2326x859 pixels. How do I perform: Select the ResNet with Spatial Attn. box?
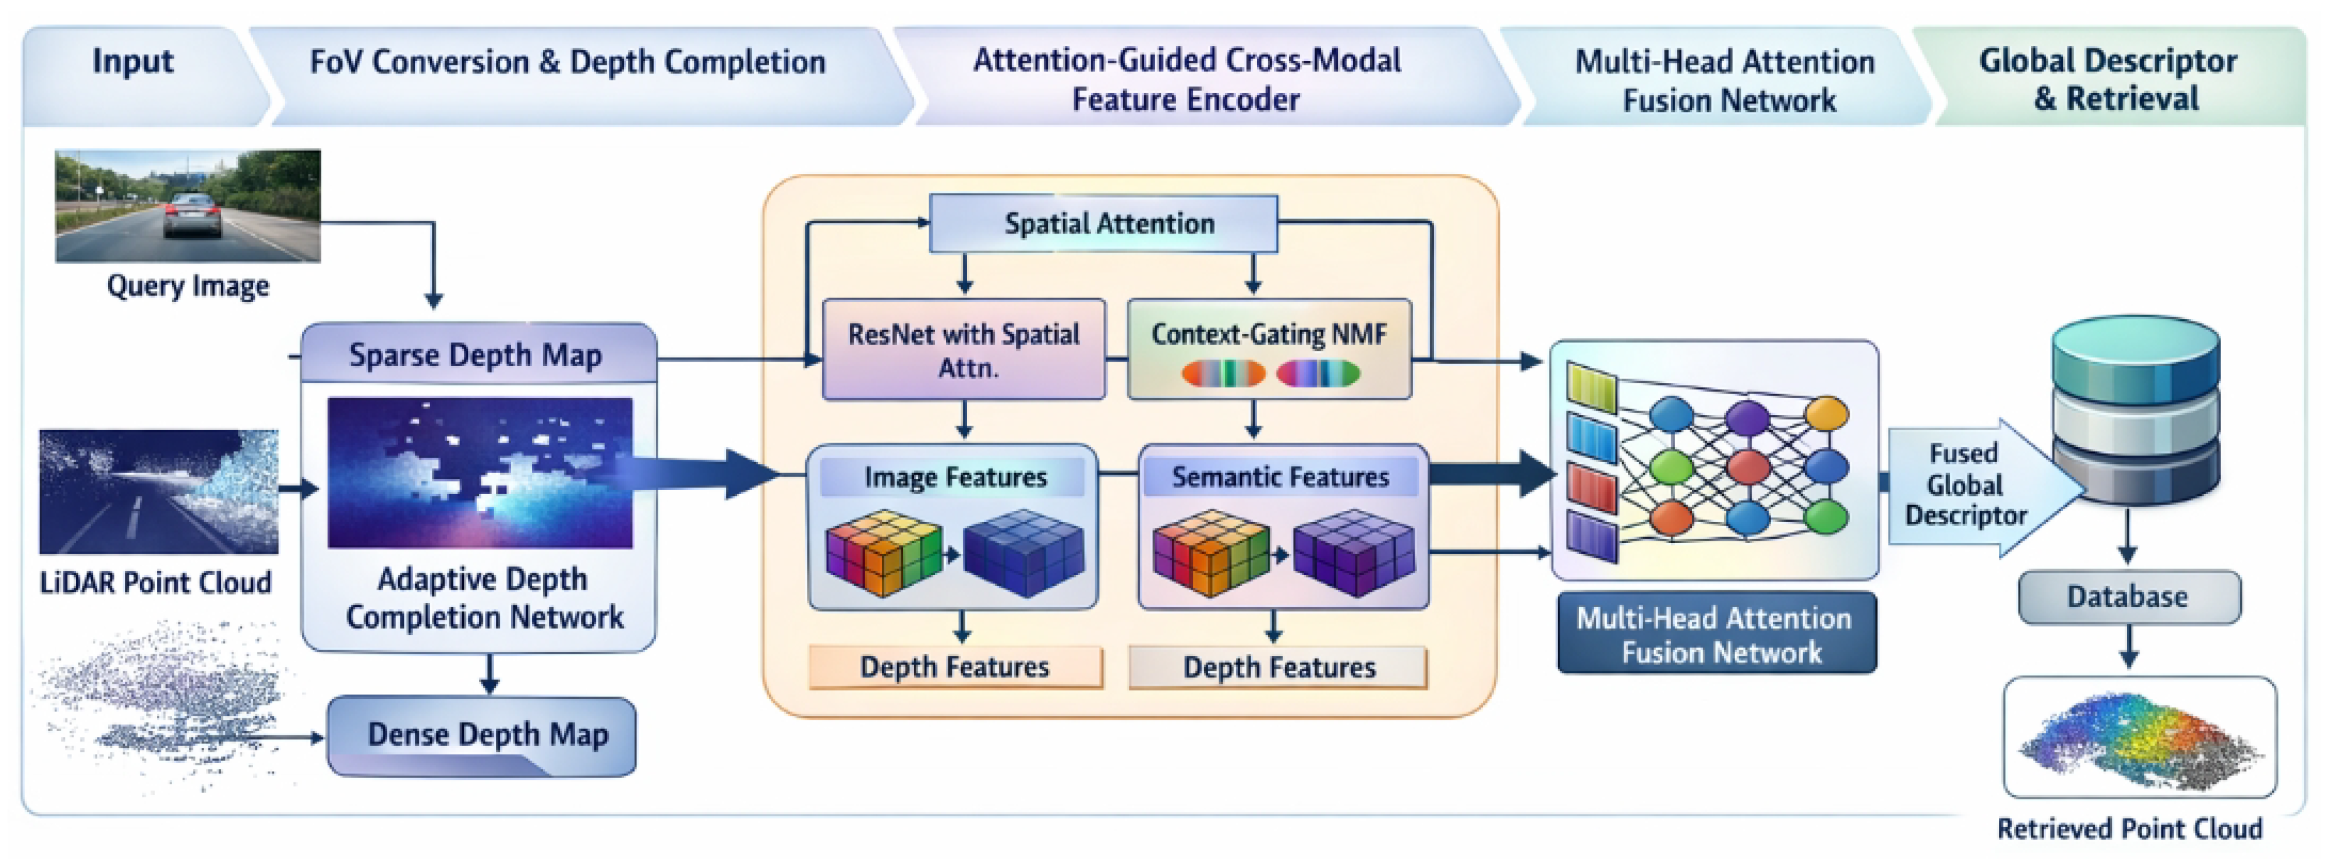click(x=963, y=350)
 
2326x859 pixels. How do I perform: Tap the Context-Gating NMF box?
click(x=1268, y=350)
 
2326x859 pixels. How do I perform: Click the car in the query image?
click(x=191, y=213)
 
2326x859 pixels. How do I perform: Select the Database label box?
click(x=2128, y=597)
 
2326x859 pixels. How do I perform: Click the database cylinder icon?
click(x=2135, y=406)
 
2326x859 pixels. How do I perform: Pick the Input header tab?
click(x=132, y=62)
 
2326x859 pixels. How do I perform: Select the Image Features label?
click(x=955, y=477)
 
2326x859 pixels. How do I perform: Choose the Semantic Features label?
click(x=1280, y=477)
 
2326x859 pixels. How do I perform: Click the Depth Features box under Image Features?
click(x=955, y=667)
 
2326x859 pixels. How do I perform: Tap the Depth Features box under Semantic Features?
click(x=1278, y=667)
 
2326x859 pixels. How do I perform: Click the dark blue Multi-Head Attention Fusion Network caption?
click(x=1715, y=634)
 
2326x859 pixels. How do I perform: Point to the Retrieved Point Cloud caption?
click(x=2129, y=828)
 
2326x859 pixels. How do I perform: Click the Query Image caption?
click(x=188, y=286)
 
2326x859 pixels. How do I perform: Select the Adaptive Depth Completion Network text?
click(x=483, y=598)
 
